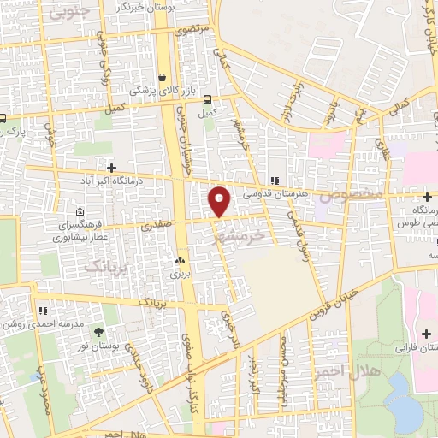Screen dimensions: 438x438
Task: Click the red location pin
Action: coord(221,201)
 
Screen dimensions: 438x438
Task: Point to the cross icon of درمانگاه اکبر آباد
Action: coord(110,167)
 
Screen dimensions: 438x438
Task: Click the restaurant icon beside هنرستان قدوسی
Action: coord(275,181)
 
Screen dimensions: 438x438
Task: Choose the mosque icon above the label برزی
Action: coord(180,261)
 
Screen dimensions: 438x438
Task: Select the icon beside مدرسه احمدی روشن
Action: coord(39,311)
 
